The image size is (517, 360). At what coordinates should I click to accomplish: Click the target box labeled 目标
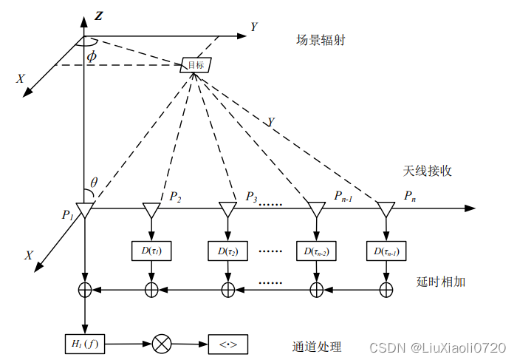point(196,65)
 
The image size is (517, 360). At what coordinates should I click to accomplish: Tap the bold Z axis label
point(100,15)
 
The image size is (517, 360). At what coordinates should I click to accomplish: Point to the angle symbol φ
point(92,56)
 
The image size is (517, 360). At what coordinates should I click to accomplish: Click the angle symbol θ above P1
point(94,183)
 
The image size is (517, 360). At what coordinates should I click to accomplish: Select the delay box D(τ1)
point(151,251)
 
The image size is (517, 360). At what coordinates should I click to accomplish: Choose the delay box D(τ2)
point(227,251)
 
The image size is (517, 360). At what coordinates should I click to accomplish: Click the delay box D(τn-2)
point(316,251)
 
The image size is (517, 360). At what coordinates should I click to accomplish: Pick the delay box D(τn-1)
point(386,251)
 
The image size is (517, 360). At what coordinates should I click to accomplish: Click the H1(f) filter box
point(84,343)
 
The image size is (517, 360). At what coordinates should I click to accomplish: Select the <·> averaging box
point(227,344)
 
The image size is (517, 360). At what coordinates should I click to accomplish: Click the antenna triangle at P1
point(85,211)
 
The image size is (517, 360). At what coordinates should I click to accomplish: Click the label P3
point(252,197)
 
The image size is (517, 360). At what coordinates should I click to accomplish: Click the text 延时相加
point(441,282)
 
